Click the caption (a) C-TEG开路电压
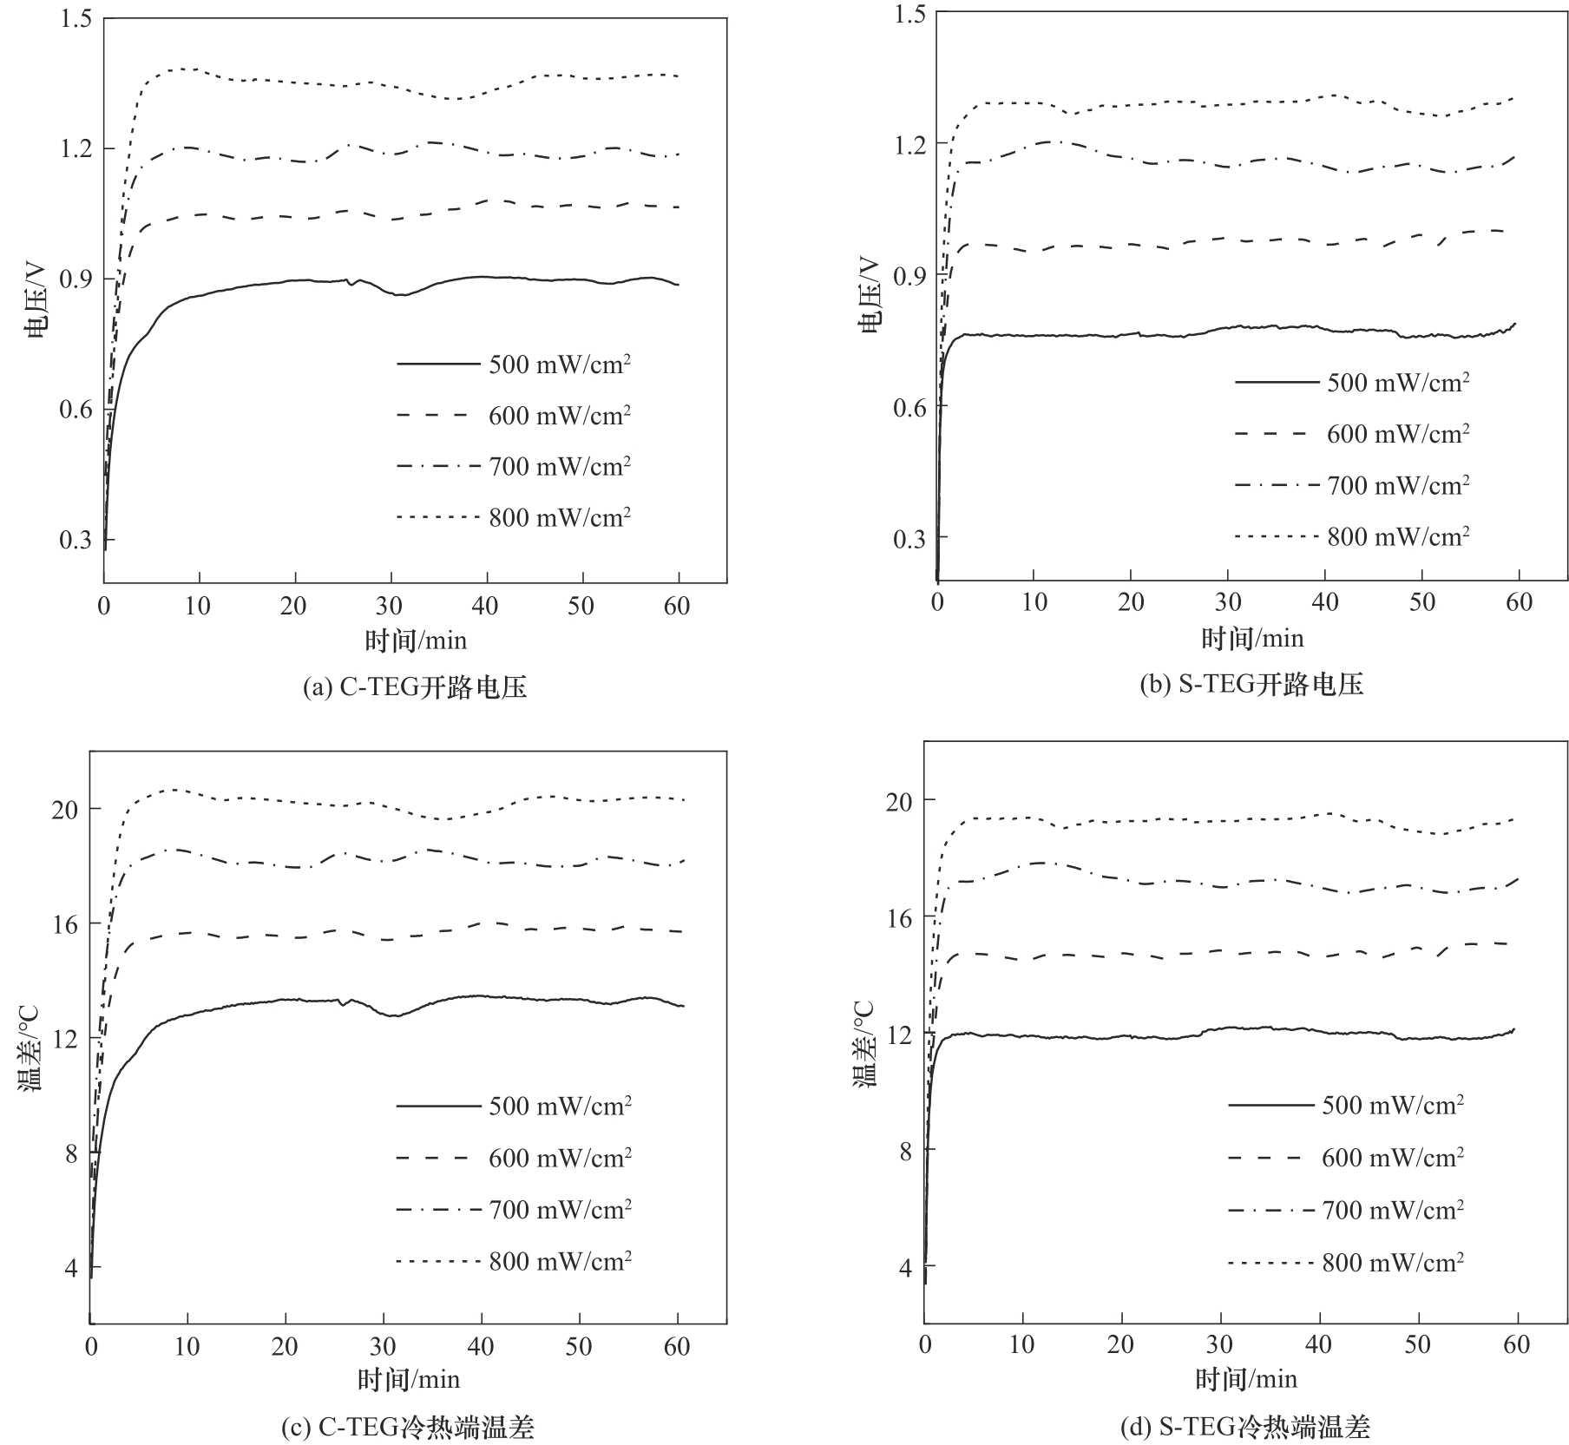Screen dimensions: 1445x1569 415,687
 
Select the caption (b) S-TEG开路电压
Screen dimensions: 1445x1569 1251,685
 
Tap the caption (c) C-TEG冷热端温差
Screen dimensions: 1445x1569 408,1428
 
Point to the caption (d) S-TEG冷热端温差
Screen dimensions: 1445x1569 1244,1428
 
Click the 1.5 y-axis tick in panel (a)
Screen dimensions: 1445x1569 76,18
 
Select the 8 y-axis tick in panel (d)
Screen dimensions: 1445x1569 905,1150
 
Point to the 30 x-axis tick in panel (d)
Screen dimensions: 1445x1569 1219,1345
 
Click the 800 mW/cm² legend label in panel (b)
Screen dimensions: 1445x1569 1398,537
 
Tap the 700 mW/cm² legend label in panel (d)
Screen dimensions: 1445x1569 1393,1210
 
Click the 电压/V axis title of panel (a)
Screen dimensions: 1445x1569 36,299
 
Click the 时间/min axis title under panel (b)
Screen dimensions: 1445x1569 1252,640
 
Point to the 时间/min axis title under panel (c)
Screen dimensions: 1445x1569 409,1379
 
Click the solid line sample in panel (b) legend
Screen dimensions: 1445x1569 1276,383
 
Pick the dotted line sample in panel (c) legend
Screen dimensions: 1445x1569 438,1261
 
